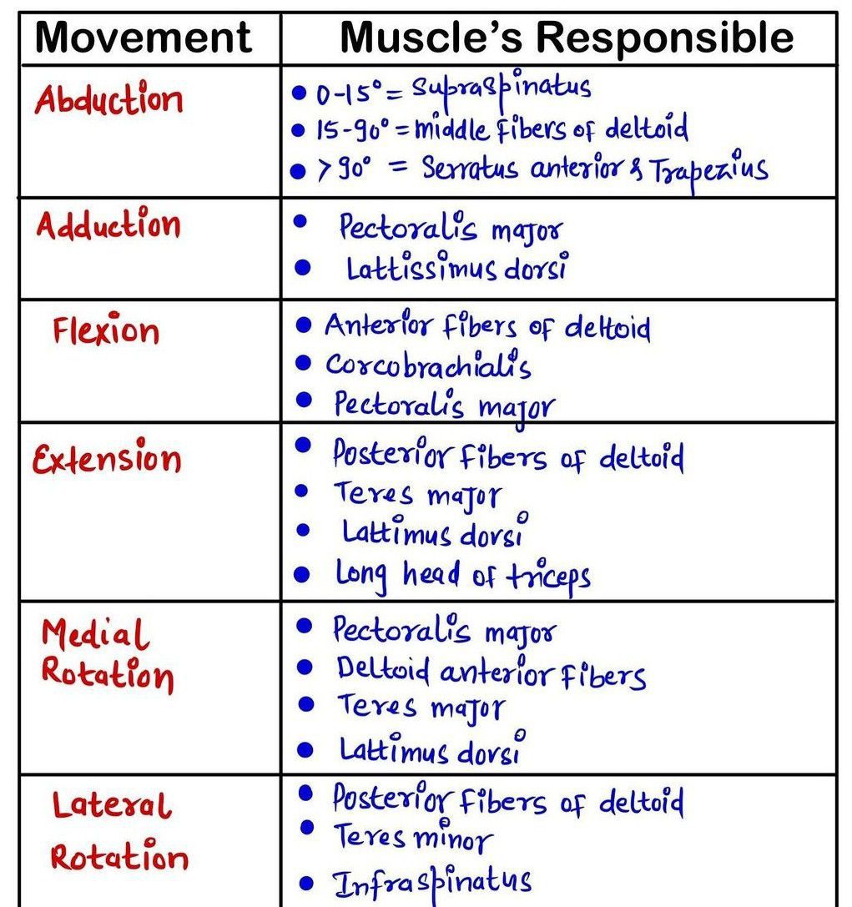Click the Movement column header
143,38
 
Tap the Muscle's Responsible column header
567,38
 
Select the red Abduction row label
108,98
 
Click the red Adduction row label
108,224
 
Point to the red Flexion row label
106,330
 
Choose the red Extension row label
107,457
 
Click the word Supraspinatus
501,89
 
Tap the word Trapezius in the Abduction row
709,169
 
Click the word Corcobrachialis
428,365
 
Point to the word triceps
548,576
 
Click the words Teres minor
413,836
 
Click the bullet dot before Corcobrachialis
304,363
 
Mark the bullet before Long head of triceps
302,574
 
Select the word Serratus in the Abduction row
470,169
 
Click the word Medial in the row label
95,632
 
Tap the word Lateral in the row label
112,804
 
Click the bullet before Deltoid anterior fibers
305,668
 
